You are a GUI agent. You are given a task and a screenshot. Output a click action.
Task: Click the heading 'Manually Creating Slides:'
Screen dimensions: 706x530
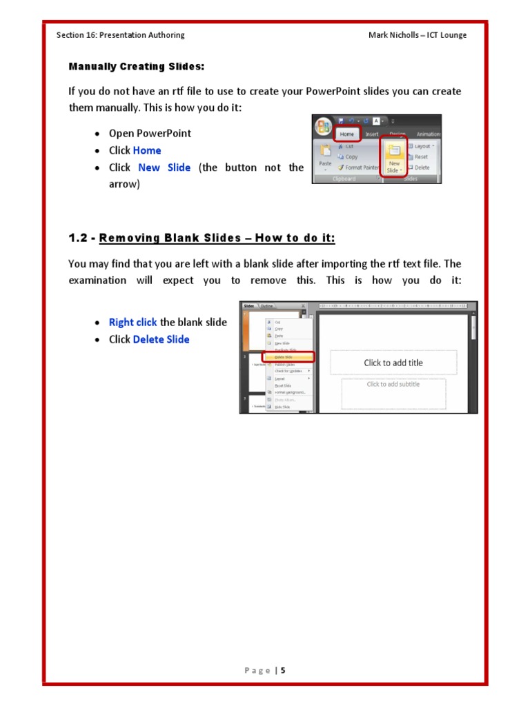(137, 67)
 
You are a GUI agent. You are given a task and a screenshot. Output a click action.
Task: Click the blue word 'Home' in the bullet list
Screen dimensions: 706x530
(147, 150)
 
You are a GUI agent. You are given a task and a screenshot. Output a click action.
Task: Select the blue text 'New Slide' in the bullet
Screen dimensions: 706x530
(164, 168)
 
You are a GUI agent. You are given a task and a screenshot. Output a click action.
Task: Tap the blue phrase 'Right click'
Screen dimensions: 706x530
(133, 322)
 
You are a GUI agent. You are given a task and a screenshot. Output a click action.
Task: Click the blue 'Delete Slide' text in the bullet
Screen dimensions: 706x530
(161, 339)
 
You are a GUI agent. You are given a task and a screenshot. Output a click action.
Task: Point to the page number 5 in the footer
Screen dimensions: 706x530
(283, 670)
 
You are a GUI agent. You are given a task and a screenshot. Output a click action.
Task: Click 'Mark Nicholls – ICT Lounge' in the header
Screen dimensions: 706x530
(418, 35)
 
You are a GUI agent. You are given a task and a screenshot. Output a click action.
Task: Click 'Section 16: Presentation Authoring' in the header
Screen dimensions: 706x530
(121, 35)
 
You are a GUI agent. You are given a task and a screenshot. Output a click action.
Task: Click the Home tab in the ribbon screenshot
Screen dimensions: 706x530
(347, 134)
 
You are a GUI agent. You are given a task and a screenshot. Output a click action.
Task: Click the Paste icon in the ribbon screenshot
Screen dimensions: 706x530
(325, 155)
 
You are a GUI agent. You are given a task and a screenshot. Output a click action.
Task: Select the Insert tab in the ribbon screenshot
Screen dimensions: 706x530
(372, 134)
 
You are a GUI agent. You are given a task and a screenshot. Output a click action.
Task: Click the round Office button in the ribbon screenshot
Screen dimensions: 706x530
(323, 128)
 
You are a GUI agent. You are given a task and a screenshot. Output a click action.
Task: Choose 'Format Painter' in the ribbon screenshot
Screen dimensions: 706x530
(359, 168)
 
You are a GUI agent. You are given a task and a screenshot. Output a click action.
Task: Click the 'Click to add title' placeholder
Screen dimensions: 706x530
(393, 363)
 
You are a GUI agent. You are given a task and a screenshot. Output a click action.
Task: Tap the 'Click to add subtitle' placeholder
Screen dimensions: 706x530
(393, 385)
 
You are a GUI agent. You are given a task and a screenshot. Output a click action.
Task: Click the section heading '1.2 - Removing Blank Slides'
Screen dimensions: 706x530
(202, 238)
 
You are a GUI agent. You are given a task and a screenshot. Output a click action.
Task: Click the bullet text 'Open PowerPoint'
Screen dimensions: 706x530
(150, 133)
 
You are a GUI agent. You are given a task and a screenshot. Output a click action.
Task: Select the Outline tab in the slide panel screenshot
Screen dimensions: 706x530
(267, 305)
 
